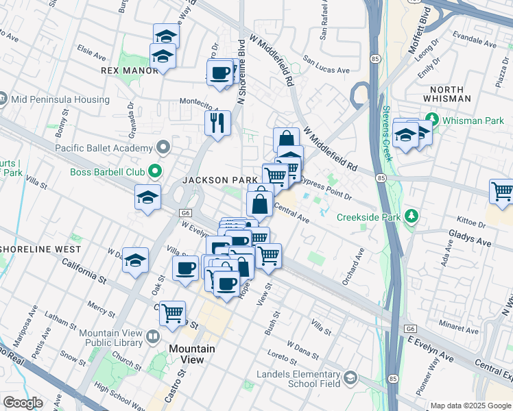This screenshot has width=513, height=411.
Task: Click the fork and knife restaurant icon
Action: [x=217, y=123]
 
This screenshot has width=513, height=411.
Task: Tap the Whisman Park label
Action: [x=473, y=120]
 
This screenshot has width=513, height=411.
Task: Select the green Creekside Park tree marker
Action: [x=411, y=216]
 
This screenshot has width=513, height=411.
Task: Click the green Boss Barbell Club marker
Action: [x=156, y=171]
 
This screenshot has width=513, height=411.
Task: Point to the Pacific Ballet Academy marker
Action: [x=163, y=147]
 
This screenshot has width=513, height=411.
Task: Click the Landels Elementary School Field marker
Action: [x=350, y=378]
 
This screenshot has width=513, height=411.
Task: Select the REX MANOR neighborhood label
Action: [x=130, y=71]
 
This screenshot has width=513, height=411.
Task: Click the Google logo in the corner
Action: [x=23, y=403]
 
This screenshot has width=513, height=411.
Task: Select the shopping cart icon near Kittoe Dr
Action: [x=502, y=191]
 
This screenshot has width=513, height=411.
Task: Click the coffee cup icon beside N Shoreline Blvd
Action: [x=219, y=72]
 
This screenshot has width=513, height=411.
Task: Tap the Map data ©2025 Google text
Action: [x=470, y=406]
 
